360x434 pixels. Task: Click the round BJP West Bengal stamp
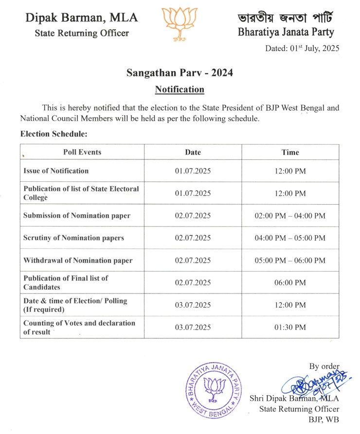(213, 390)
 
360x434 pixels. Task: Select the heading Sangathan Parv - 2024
(180, 73)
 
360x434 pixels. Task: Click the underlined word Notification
(180, 89)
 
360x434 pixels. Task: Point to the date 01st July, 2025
(302, 48)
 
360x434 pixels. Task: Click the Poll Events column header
(82, 152)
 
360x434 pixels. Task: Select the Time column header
(290, 152)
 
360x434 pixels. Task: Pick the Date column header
(193, 152)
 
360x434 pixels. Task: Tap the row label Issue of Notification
(56, 171)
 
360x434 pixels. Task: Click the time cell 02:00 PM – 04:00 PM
(290, 215)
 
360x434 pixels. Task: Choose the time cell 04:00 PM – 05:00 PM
(290, 238)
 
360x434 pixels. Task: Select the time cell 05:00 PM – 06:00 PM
(290, 260)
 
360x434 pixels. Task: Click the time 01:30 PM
(290, 327)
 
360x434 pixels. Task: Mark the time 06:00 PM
(290, 282)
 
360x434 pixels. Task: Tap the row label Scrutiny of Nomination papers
(73, 238)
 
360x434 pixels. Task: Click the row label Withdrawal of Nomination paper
(78, 260)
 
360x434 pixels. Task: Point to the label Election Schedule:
(54, 134)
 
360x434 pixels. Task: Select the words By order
(324, 366)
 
